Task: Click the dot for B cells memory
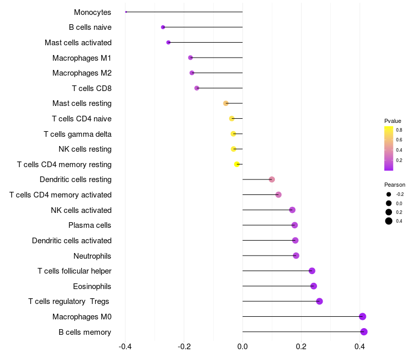pos(364,332)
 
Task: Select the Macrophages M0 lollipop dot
pos(363,316)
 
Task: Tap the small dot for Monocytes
pos(126,12)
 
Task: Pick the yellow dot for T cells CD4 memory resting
pos(237,164)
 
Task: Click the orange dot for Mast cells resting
pos(226,103)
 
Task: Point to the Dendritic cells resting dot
pos(272,179)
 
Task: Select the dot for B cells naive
pos(163,27)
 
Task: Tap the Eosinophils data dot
pos(314,286)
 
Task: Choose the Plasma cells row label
pos(90,225)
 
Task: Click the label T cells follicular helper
pos(74,271)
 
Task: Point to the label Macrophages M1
pos(82,58)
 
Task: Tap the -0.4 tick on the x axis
pos(125,347)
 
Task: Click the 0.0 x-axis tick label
pos(242,347)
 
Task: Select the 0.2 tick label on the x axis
pos(301,347)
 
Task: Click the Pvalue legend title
pos(393,121)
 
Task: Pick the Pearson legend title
pos(395,185)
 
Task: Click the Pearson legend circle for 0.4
pos(389,221)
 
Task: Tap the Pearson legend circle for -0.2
pos(389,194)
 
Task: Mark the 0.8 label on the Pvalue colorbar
pos(399,130)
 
